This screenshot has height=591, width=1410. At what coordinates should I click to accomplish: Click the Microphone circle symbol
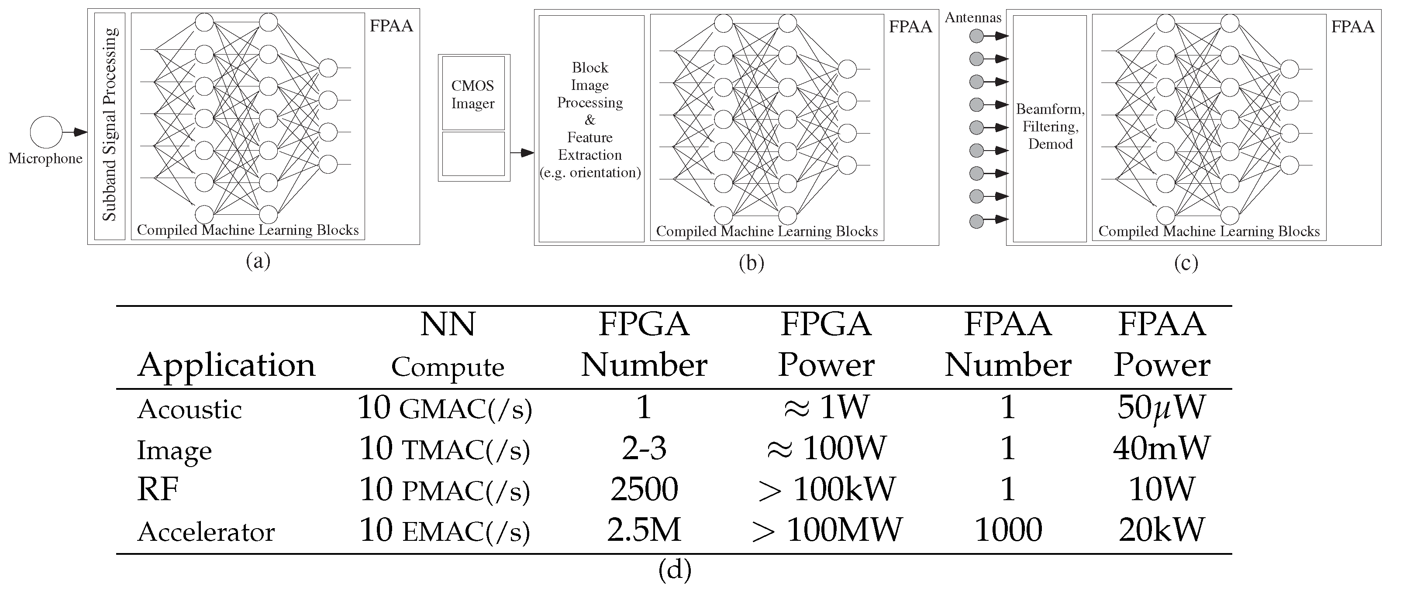tap(46, 132)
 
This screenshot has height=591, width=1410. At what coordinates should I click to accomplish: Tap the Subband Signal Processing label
tap(110, 124)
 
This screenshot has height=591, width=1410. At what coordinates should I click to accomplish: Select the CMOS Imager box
tap(473, 94)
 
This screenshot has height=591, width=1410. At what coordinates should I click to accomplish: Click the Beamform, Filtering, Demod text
tap(1050, 127)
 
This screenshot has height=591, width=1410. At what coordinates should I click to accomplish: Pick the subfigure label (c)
tap(1186, 263)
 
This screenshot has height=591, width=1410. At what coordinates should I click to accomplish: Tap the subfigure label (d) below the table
tap(674, 570)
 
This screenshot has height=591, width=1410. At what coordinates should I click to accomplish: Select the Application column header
tap(227, 365)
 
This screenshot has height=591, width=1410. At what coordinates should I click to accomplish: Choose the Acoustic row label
tap(190, 409)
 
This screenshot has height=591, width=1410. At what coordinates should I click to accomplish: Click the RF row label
tap(158, 489)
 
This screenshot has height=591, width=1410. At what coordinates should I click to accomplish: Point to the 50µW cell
tap(1161, 408)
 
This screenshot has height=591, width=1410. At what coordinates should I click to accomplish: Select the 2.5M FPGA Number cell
tap(644, 530)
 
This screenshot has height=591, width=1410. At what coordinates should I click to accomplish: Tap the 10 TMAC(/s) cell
tap(445, 449)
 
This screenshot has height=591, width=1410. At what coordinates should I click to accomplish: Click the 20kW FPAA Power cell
tap(1162, 530)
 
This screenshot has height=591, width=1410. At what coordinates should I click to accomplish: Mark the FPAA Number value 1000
tap(1008, 530)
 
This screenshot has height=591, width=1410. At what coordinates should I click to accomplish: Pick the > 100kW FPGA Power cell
tap(827, 489)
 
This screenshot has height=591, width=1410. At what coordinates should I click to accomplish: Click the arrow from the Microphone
tap(74, 132)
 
